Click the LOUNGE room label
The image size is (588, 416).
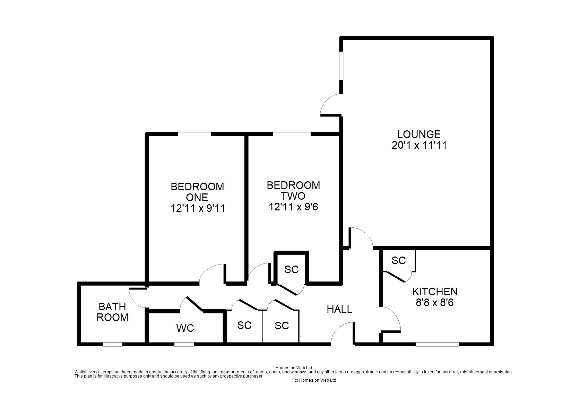tap(419, 135)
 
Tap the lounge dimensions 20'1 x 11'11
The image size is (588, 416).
tap(419, 145)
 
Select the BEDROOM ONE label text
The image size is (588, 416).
tap(197, 192)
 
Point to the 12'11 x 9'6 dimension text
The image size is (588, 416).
tap(293, 207)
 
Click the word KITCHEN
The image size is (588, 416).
tap(435, 292)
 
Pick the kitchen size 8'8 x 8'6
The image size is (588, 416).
tap(435, 303)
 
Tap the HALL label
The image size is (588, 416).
tap(339, 309)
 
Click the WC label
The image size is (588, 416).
tap(185, 328)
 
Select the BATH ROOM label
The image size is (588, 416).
tap(112, 312)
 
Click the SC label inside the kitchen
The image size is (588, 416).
tap(399, 260)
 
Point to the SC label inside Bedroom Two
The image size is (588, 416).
tap(292, 269)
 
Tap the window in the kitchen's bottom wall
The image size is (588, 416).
tap(437, 344)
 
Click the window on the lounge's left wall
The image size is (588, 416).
tap(341, 66)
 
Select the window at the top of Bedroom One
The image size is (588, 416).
tap(194, 134)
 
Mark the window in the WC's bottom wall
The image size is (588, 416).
tap(184, 344)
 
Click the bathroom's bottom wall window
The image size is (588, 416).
tap(112, 344)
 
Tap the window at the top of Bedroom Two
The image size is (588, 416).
tap(292, 134)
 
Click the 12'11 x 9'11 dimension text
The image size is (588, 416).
tap(198, 208)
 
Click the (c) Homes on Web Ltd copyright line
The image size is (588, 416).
tap(314, 380)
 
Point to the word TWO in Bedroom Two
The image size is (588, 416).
tap(293, 196)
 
